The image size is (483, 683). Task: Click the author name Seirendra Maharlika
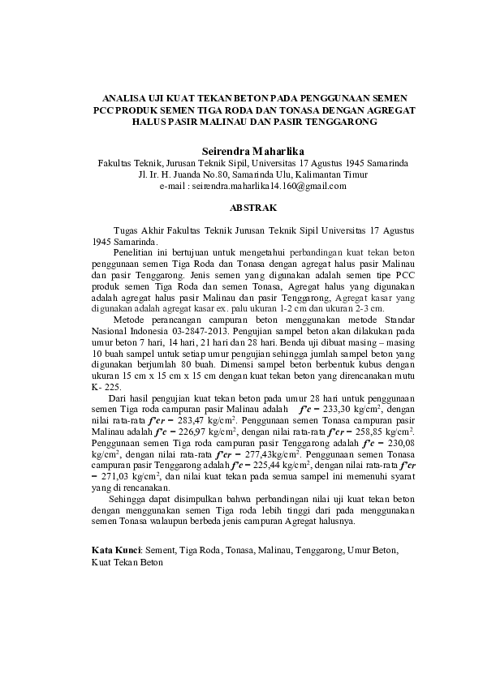pos(241,151)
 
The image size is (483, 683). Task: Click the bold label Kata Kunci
pos(115,550)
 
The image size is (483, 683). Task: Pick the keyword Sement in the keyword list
pos(159,550)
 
